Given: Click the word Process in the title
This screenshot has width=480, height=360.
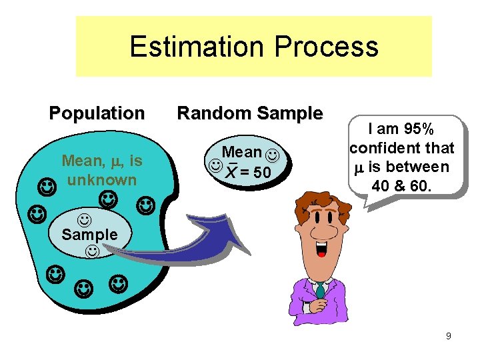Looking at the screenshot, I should click(x=326, y=47).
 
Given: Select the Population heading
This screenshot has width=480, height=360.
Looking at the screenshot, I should click(x=97, y=113).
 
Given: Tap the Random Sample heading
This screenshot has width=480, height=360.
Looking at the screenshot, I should click(x=249, y=113).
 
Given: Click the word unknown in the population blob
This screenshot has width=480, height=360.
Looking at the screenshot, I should click(x=101, y=179).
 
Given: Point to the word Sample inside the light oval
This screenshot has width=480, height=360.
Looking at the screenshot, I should click(x=89, y=235).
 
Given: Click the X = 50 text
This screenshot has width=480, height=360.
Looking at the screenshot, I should click(x=248, y=173).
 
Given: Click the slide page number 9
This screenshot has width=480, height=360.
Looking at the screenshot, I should click(x=449, y=337).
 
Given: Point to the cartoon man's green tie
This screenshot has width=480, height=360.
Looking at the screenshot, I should click(x=321, y=290).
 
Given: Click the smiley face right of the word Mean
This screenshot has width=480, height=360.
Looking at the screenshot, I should click(x=272, y=155).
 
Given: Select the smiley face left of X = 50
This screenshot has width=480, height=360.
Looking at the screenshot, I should click(x=215, y=164).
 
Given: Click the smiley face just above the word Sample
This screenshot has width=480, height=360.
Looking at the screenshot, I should click(x=85, y=218).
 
